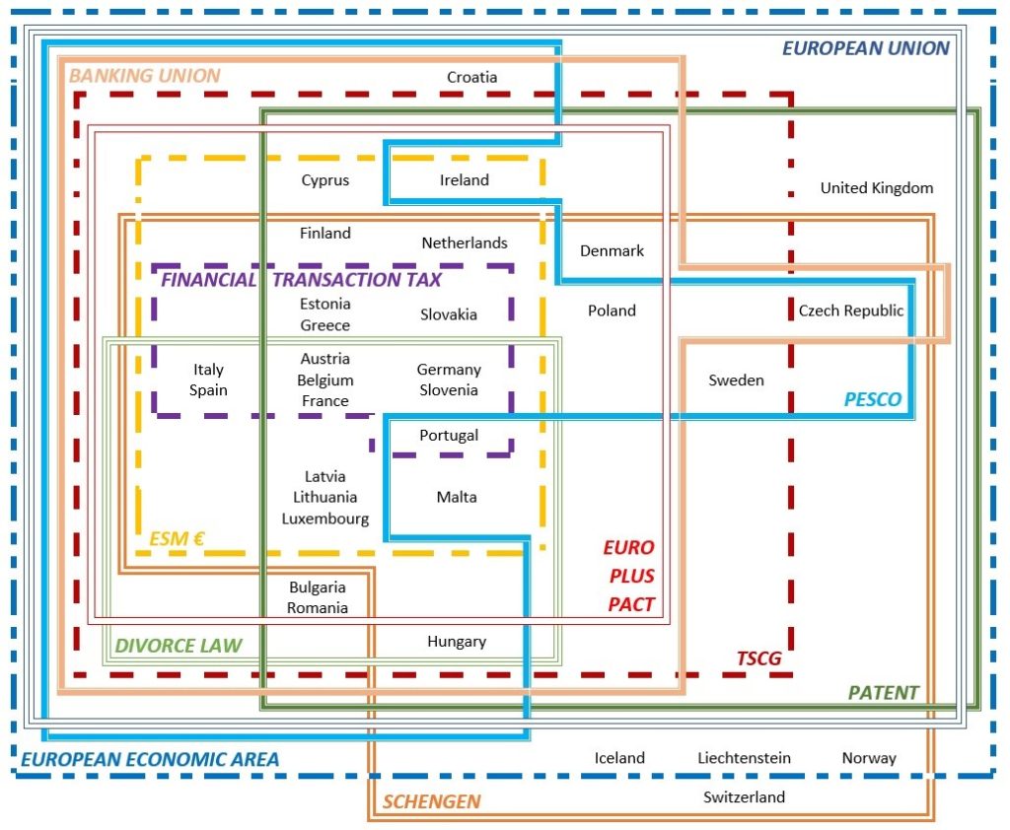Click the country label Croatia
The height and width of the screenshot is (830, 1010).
[471, 77]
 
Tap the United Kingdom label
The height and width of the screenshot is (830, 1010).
[876, 187]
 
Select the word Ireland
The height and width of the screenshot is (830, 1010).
[464, 180]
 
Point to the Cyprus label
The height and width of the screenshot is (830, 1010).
[325, 180]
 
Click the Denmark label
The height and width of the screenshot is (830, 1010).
[612, 250]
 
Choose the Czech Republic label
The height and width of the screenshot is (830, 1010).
[850, 311]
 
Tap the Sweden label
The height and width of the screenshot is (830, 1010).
[736, 380]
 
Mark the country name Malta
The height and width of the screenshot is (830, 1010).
[457, 497]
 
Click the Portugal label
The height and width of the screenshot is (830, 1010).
[449, 435]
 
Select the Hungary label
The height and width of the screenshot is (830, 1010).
[457, 642]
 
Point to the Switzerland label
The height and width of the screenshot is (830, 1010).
[744, 796]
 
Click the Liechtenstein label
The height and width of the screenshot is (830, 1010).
[744, 758]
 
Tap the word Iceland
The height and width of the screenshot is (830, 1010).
[619, 758]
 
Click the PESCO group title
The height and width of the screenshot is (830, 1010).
[872, 399]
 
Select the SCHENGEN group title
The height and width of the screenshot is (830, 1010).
[431, 801]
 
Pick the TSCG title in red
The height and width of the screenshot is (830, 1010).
[758, 658]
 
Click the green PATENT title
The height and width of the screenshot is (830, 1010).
[883, 693]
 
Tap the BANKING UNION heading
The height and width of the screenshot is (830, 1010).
[144, 76]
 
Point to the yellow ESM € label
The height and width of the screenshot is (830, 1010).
[177, 539]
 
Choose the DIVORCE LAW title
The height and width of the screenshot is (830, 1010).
[179, 647]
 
